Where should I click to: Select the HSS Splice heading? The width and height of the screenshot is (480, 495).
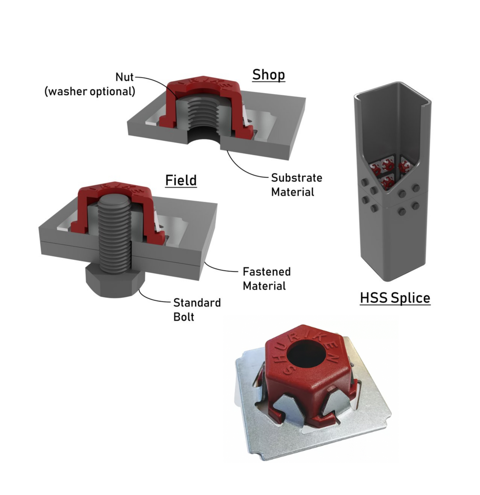tap(395, 298)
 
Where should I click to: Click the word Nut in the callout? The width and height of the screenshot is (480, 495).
tap(124, 77)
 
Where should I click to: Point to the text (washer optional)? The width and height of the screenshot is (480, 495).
tap(90, 91)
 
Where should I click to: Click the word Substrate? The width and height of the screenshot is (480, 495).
tap(296, 178)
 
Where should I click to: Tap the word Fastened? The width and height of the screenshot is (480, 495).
tap(267, 272)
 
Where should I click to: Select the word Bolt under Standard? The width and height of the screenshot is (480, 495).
tap(184, 317)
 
